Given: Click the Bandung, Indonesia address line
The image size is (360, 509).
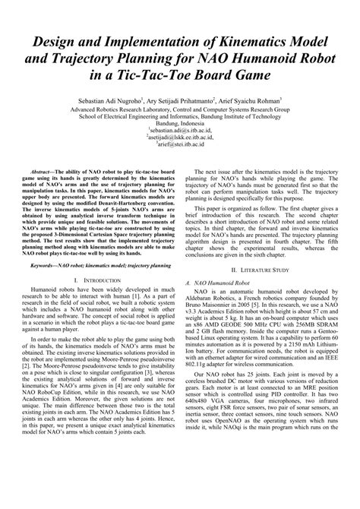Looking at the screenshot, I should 179,122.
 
